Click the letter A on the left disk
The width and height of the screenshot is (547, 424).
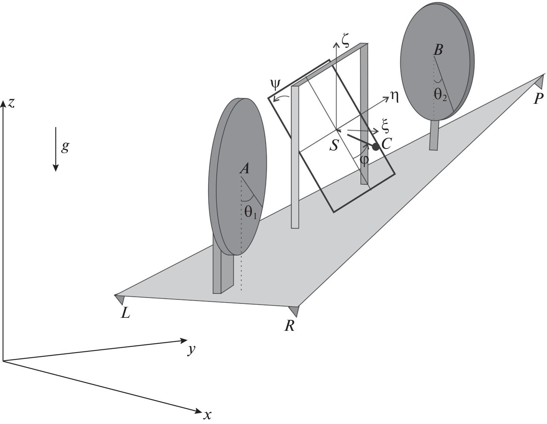click(245, 169)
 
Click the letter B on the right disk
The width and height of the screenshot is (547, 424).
click(438, 50)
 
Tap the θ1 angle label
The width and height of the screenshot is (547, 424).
click(250, 213)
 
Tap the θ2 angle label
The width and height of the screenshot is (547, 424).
click(440, 95)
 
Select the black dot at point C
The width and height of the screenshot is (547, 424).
click(376, 147)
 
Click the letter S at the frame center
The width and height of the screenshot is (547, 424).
click(334, 146)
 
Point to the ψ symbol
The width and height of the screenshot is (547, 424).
click(275, 84)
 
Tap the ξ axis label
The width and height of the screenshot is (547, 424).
click(385, 127)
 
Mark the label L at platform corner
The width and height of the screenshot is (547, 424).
click(126, 313)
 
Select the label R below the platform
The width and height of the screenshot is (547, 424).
click(289, 326)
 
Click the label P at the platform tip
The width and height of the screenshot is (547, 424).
click(538, 98)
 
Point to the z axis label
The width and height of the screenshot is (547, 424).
click(11, 103)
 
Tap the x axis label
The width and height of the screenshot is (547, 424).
click(207, 415)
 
